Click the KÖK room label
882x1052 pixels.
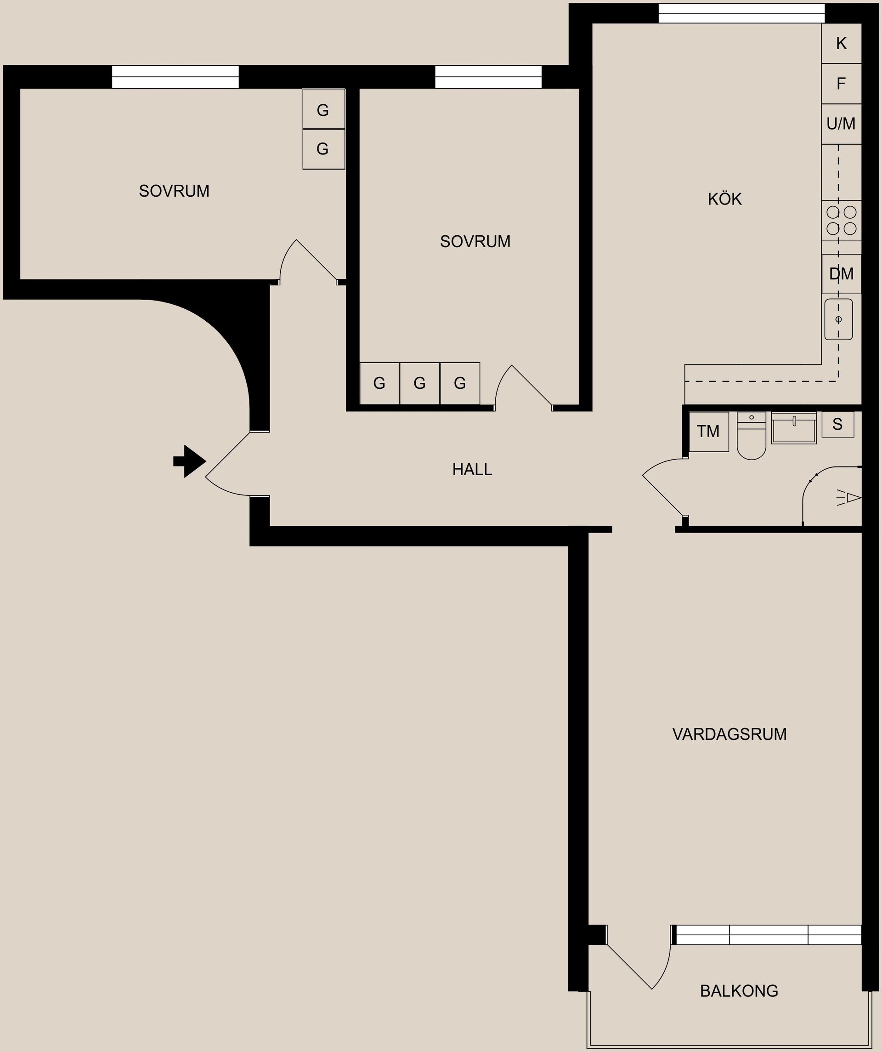[724, 199]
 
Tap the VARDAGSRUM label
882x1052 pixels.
[729, 734]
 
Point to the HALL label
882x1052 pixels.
[472, 469]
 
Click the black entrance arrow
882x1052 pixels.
[190, 461]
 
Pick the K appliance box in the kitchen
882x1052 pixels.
[841, 44]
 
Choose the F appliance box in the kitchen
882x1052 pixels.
[841, 84]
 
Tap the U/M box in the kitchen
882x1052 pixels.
[841, 124]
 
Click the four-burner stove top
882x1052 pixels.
[841, 221]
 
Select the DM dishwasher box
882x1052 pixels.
[841, 273]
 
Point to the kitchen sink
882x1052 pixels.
[838, 319]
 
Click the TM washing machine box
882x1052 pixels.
[708, 431]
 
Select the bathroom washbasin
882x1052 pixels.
[794, 428]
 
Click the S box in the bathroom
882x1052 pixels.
[837, 425]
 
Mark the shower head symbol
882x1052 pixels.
[849, 498]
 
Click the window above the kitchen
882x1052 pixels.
[741, 13]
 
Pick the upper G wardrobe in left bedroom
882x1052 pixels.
[323, 110]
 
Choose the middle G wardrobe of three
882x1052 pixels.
[420, 383]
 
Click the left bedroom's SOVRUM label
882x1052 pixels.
[174, 191]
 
